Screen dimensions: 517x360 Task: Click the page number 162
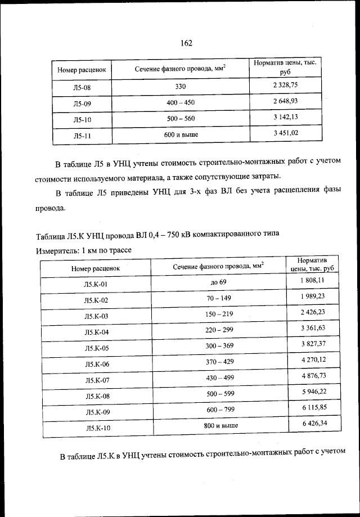click(187, 43)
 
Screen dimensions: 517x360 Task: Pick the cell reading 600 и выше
click(181, 135)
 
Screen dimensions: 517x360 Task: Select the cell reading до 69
click(218, 281)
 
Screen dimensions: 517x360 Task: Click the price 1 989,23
click(312, 296)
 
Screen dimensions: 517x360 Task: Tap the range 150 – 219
click(219, 313)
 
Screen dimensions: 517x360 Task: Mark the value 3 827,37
click(313, 343)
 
